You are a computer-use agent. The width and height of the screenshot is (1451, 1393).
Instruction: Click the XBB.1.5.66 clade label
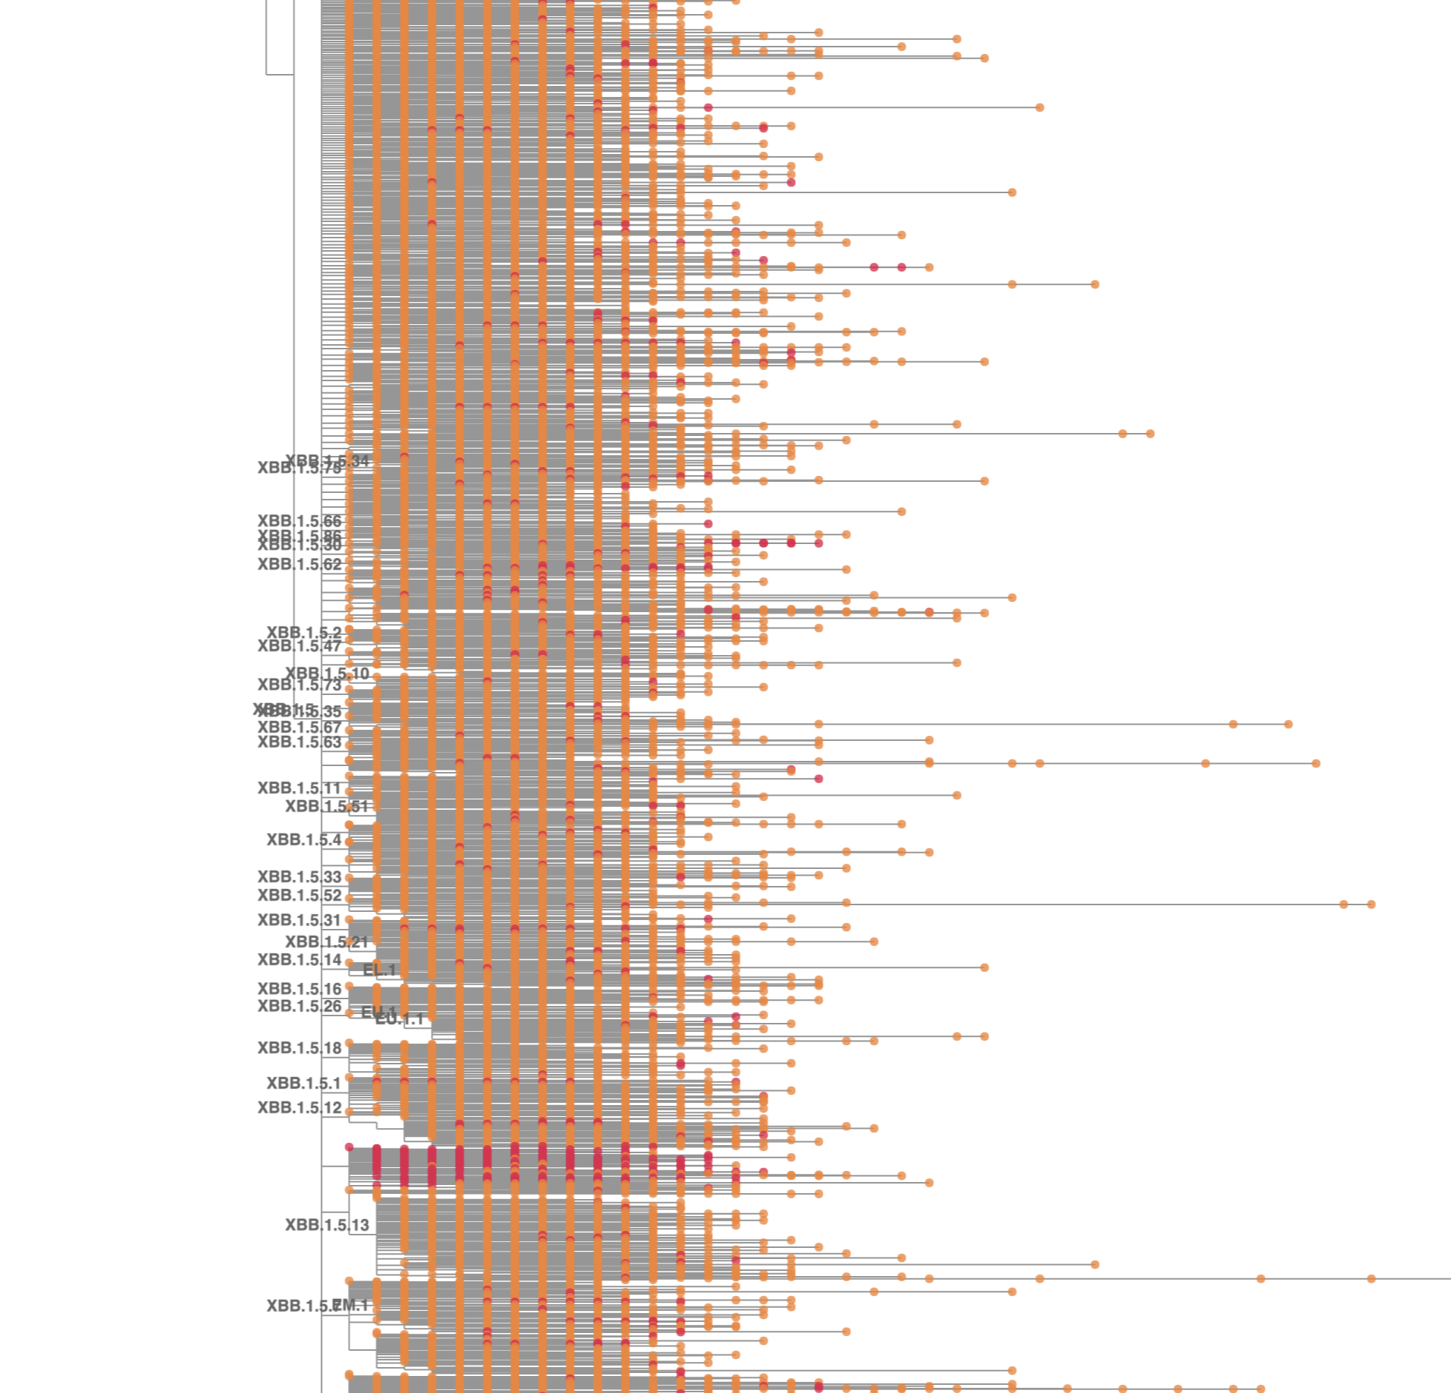click(299, 521)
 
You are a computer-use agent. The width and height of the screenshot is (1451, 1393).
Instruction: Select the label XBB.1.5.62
click(299, 564)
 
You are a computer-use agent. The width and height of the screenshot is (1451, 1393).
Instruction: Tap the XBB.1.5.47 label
click(299, 646)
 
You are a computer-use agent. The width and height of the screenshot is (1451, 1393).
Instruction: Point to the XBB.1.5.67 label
click(299, 728)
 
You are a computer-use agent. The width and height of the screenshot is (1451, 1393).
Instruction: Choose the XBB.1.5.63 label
click(299, 742)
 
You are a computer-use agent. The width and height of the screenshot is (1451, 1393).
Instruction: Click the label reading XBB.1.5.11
click(299, 788)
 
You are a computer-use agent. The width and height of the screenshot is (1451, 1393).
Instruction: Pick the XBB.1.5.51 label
click(326, 806)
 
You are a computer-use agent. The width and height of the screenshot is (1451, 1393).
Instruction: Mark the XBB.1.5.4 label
click(304, 840)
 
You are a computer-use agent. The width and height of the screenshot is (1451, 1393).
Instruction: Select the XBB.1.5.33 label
click(299, 877)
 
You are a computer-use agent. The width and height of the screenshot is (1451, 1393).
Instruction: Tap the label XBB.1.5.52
click(299, 896)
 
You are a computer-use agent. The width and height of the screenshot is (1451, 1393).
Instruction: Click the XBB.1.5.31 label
click(299, 920)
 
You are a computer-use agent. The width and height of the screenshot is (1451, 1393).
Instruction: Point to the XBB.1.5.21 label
click(326, 942)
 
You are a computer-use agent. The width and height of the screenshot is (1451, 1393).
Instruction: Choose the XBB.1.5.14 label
click(299, 960)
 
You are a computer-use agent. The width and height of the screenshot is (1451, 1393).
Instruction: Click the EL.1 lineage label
click(379, 970)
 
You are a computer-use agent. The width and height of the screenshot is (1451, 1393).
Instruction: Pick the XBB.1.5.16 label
click(299, 989)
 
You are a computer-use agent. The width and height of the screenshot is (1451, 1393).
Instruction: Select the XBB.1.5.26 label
click(299, 1006)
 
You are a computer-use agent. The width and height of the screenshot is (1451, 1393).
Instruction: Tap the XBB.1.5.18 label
click(299, 1048)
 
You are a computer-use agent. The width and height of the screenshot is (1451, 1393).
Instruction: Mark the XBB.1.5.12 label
click(299, 1108)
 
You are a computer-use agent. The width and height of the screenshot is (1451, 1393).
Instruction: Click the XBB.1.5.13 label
click(326, 1225)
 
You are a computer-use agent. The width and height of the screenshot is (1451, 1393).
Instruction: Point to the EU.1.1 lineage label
click(400, 1020)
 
